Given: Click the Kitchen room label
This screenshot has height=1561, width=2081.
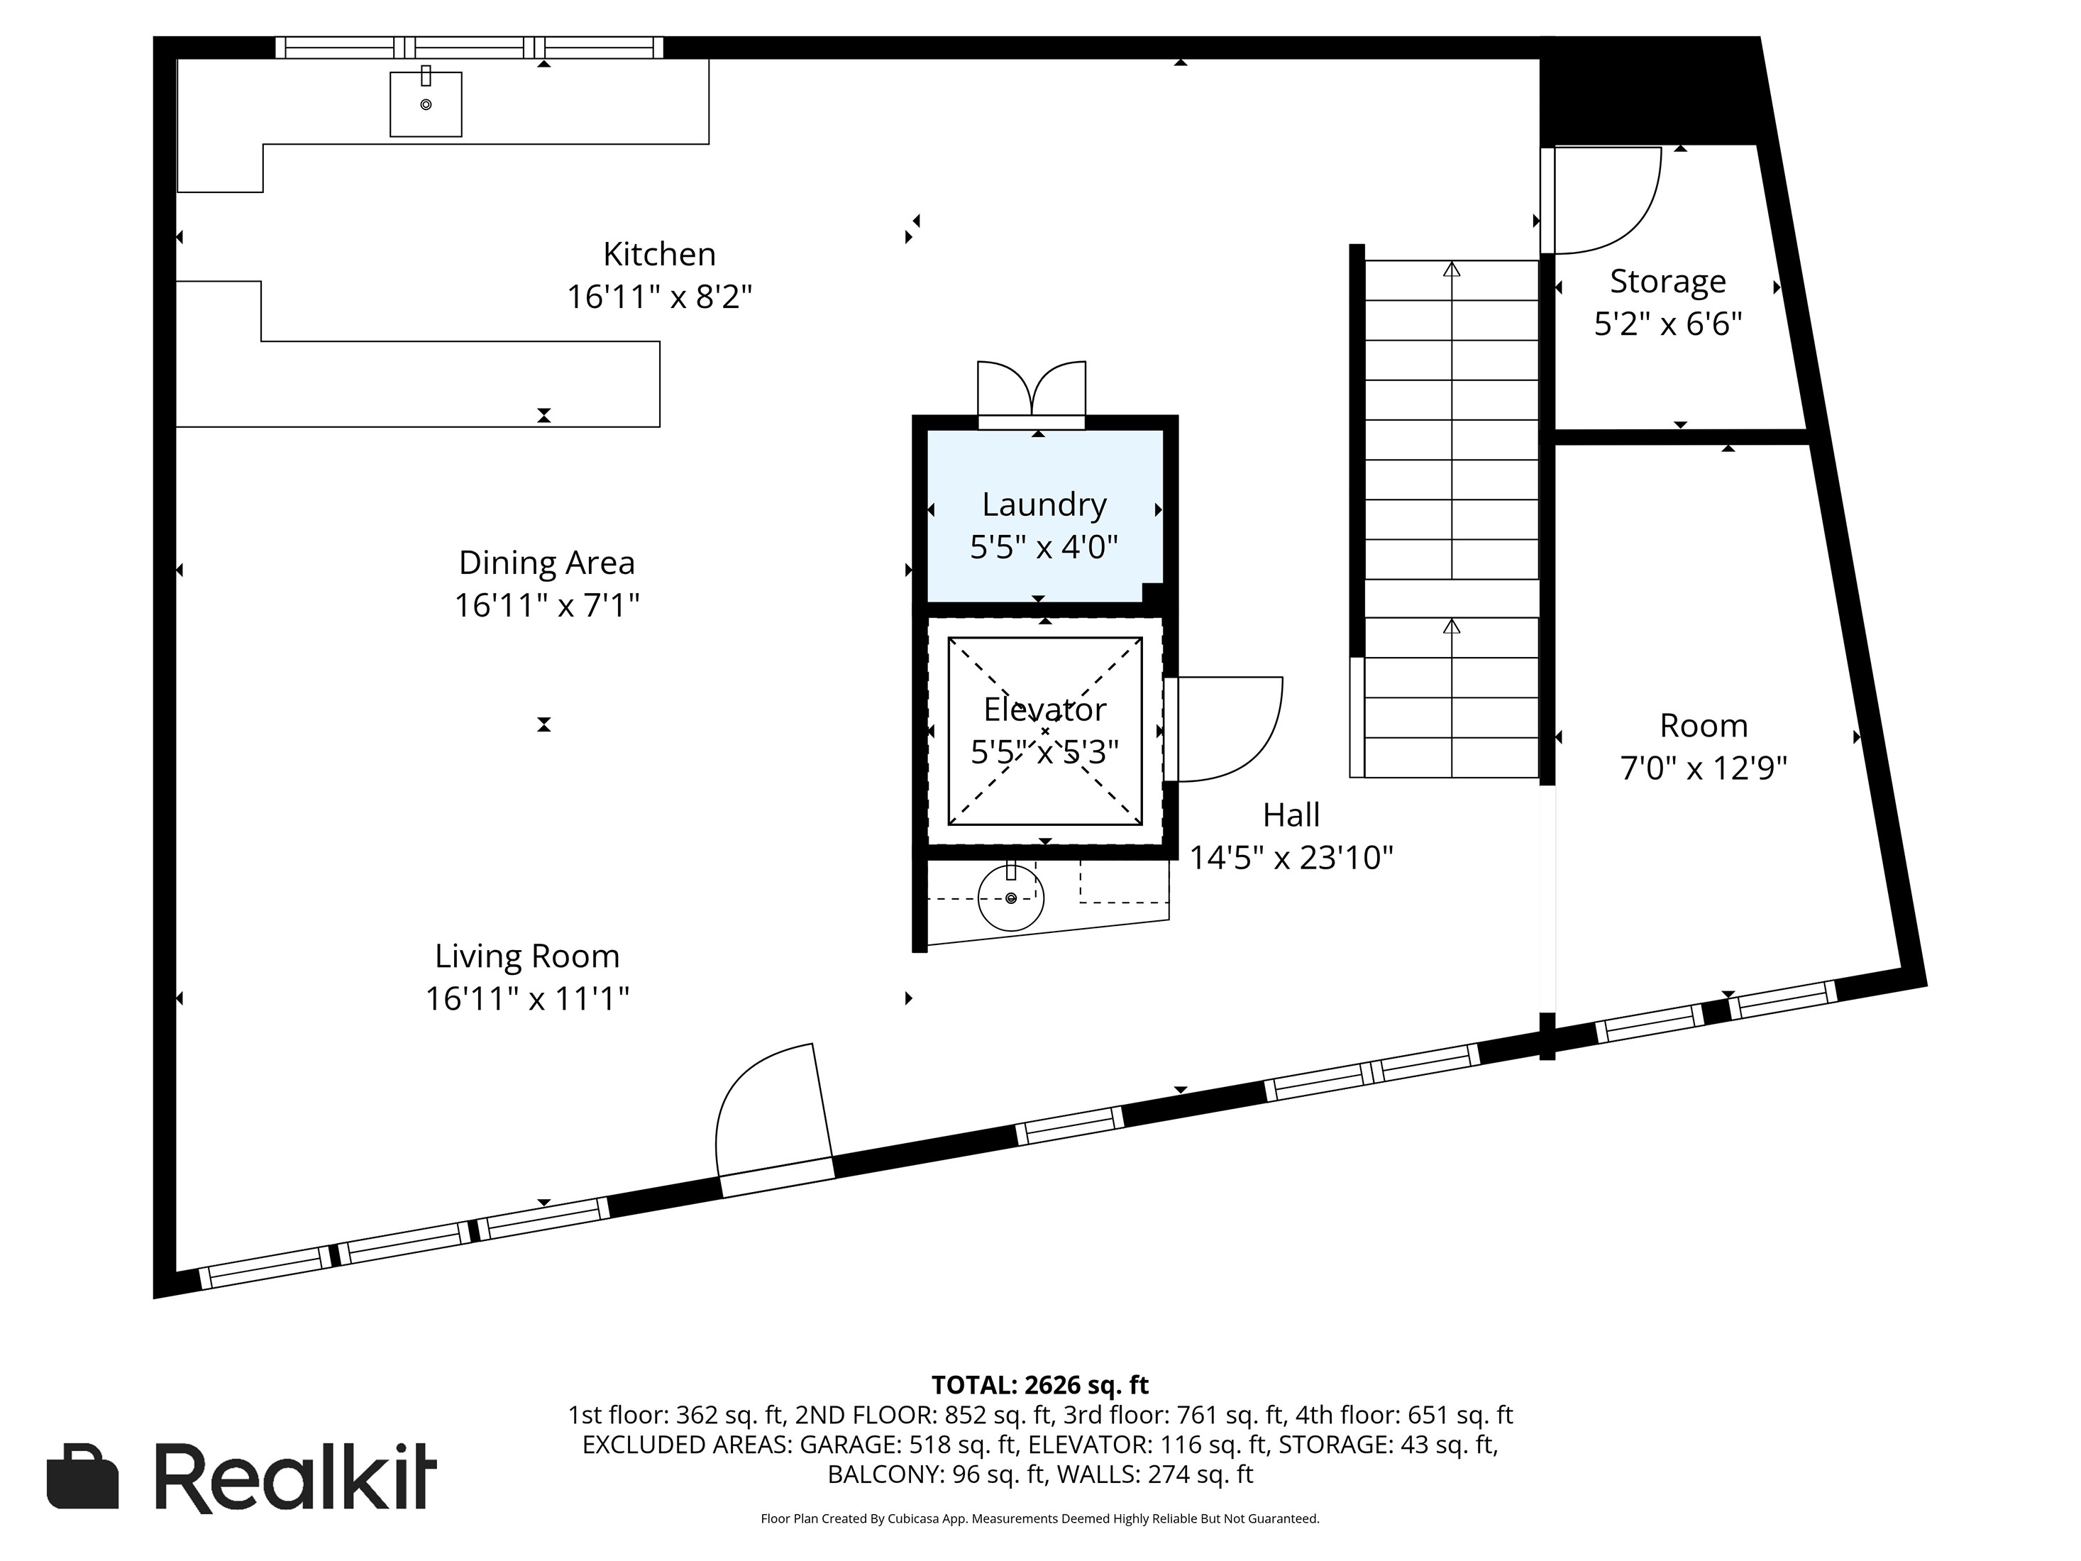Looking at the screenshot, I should pyautogui.click(x=658, y=254).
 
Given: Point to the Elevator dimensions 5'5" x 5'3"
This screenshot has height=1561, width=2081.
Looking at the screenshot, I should pyautogui.click(x=1044, y=752).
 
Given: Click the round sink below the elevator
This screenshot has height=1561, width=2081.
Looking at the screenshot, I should pyautogui.click(x=1010, y=898).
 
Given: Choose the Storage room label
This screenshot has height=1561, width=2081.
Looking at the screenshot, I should pyautogui.click(x=1667, y=282).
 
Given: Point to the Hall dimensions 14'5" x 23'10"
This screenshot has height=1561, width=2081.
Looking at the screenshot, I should pyautogui.click(x=1291, y=857).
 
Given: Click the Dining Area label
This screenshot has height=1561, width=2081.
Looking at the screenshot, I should pyautogui.click(x=546, y=563).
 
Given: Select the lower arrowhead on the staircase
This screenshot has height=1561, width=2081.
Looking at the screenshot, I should pyautogui.click(x=1451, y=626).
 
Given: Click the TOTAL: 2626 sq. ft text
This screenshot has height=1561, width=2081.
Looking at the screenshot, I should pyautogui.click(x=1039, y=1385).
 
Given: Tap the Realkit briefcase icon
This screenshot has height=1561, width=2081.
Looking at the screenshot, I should pyautogui.click(x=83, y=1477).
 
